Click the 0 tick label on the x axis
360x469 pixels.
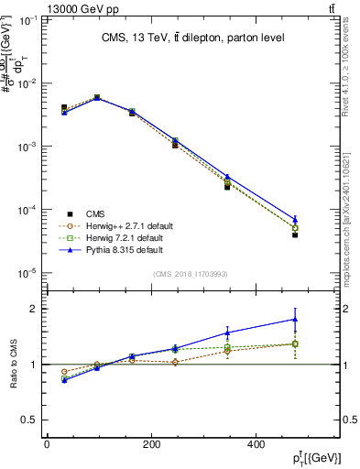tap(47, 444)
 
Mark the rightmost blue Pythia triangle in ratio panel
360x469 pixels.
tap(295, 320)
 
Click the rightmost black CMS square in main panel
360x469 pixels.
tap(295, 234)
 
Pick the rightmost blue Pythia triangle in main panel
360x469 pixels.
tap(295, 219)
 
